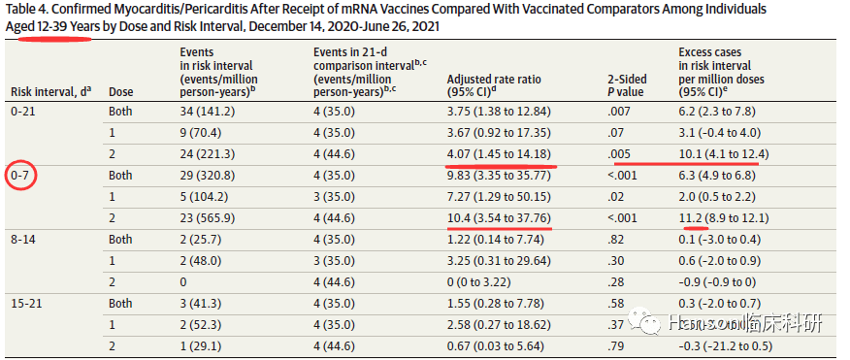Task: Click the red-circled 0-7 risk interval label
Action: coord(21,176)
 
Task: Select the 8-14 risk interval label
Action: coord(24,239)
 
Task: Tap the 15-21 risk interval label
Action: coord(26,303)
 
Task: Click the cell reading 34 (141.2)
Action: coord(207,112)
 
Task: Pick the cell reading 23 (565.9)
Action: coord(208,218)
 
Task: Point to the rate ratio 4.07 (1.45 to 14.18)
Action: coord(499,154)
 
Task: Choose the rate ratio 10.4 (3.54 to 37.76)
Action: coord(499,218)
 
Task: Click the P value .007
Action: coord(619,112)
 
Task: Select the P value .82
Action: coord(617,239)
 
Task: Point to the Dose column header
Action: coord(120,92)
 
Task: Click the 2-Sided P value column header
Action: coord(626,85)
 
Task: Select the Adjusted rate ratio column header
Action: coord(494,85)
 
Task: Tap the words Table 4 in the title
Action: coord(27,10)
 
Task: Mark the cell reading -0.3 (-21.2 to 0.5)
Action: coord(726,345)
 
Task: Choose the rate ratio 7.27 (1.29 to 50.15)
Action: coord(499,196)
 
